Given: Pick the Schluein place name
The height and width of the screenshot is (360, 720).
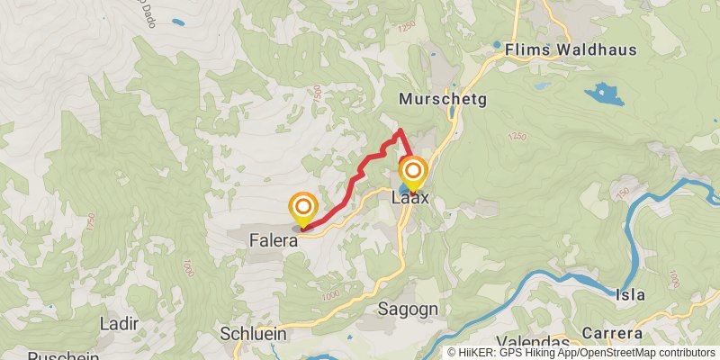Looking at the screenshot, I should (x=253, y=333).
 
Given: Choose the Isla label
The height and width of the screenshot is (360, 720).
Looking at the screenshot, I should (x=631, y=293).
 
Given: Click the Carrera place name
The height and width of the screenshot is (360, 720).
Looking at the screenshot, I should (x=612, y=333).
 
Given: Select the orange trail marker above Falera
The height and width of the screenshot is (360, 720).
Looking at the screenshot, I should (x=303, y=208).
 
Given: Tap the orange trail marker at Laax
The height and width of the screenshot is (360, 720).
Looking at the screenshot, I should (x=413, y=171).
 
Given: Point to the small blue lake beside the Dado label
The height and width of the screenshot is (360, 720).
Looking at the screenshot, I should (x=178, y=21).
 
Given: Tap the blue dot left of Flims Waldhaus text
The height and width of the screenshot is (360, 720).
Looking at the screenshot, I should (x=496, y=44).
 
